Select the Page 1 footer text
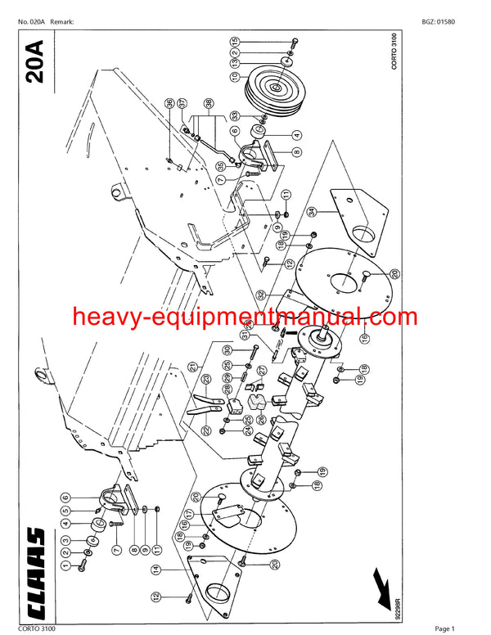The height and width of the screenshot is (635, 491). click(x=448, y=628)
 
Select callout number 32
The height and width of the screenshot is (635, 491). click(x=260, y=295)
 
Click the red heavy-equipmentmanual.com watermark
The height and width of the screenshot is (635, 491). click(x=245, y=317)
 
